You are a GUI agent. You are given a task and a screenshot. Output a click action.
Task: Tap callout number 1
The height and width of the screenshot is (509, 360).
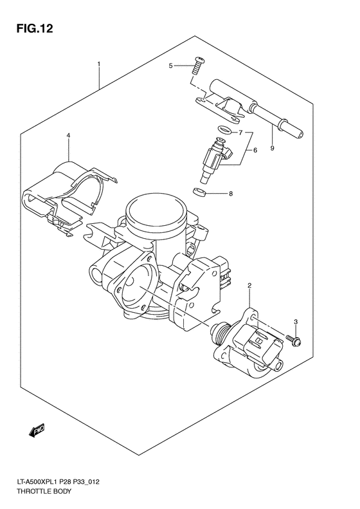[99, 64]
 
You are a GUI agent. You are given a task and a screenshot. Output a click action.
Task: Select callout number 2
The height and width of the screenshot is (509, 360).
[249, 285]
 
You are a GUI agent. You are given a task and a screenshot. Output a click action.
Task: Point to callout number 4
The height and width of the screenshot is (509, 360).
[68, 136]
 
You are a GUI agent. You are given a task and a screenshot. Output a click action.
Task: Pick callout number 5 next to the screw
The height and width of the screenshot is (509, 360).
[172, 66]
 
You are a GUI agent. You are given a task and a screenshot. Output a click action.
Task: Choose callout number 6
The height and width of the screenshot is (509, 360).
[255, 150]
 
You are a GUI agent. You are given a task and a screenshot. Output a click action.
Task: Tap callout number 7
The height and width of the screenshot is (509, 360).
[239, 133]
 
